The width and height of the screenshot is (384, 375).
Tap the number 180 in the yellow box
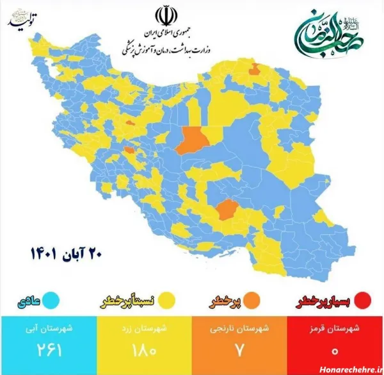[x=143, y=352]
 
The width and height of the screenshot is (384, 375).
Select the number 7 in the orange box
[x=239, y=352]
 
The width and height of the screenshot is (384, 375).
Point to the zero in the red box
[x=335, y=352]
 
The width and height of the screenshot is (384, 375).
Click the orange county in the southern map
[x=225, y=209]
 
